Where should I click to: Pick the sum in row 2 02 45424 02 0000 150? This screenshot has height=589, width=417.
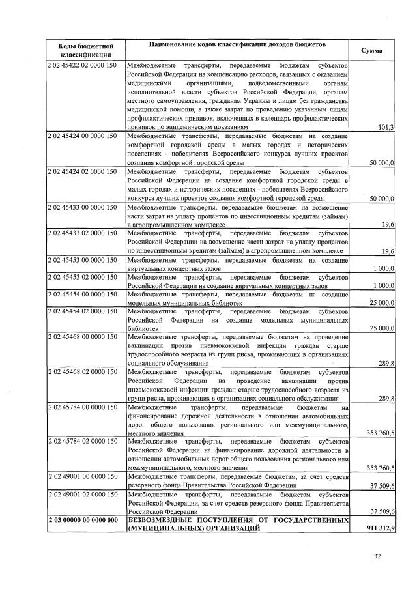[x=381, y=197]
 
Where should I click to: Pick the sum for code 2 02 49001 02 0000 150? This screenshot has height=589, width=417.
[x=381, y=512]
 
